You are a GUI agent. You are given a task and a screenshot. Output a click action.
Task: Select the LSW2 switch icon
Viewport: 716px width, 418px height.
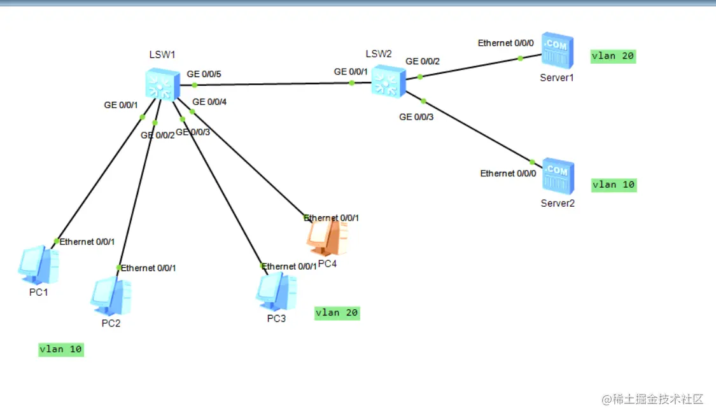388,81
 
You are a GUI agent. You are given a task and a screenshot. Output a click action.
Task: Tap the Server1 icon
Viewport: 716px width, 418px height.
558,51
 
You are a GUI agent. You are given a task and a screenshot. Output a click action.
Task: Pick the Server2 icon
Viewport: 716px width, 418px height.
558,176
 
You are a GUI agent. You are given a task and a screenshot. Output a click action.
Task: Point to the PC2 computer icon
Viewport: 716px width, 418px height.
111,296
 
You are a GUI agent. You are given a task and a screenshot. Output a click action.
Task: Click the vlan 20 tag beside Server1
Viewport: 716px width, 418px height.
613,56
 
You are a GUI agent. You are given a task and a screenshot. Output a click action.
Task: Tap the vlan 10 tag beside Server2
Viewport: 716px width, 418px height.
614,185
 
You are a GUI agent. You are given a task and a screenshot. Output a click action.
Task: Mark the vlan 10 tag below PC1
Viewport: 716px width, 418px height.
61,349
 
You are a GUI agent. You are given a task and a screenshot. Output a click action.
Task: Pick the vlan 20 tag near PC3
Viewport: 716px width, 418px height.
337,313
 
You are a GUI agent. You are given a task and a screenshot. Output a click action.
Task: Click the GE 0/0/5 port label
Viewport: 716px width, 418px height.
204,74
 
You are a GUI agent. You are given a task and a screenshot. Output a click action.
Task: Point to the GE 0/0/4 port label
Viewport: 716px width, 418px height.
209,102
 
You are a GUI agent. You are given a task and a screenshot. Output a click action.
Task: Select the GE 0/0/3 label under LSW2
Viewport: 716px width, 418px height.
416,117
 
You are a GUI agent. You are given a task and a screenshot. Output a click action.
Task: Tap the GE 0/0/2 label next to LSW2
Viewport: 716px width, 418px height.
423,62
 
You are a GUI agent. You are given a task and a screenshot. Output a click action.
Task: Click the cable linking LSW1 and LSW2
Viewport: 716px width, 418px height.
274,83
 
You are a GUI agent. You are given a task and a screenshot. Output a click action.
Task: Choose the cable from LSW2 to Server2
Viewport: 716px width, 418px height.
477,131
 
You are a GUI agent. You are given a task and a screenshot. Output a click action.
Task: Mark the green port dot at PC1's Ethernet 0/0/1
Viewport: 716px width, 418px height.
57,241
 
